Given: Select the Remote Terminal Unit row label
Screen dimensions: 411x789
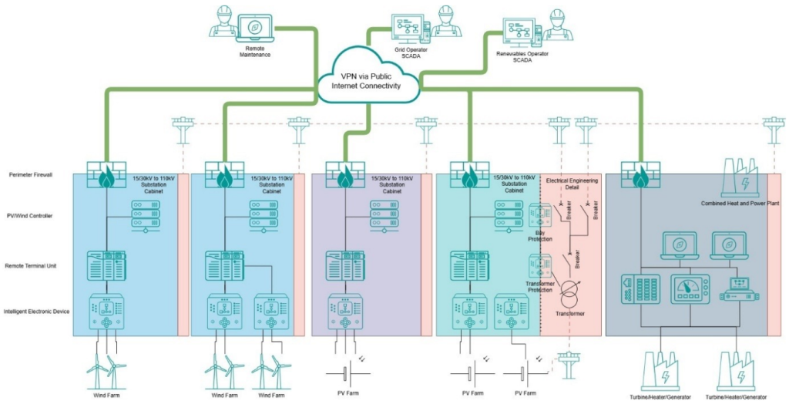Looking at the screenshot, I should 32,266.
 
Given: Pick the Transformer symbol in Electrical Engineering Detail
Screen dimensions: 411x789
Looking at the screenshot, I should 569,294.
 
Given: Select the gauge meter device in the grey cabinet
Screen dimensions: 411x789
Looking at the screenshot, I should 689,289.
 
